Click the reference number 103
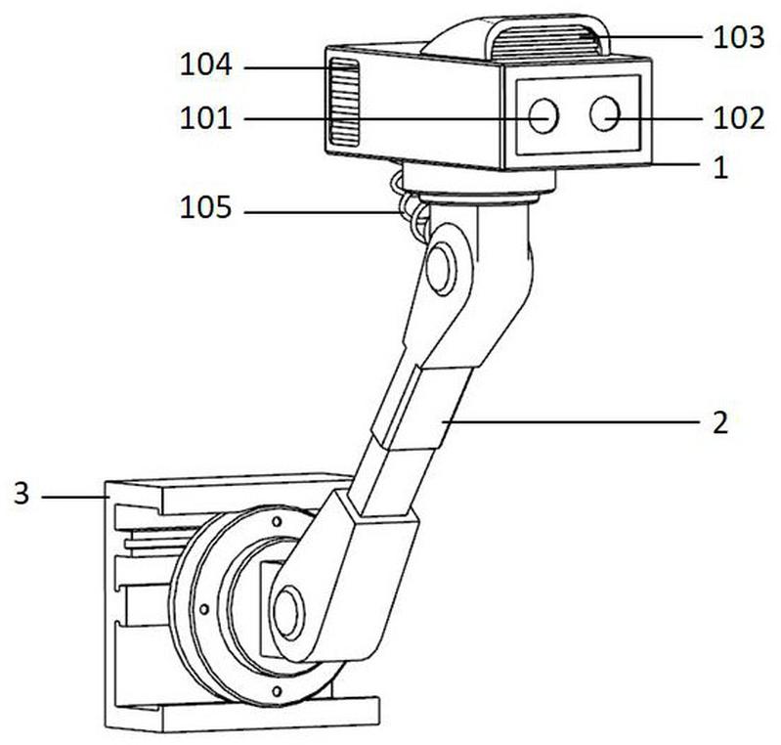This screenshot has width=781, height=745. [739, 38]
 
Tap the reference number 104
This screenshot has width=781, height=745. [205, 66]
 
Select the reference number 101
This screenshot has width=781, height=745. [205, 118]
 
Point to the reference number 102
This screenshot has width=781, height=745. [739, 118]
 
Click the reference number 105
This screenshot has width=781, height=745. [205, 207]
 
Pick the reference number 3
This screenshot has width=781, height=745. [22, 495]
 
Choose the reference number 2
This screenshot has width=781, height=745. [720, 423]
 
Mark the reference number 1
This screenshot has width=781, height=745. [720, 168]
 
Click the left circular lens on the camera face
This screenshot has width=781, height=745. [542, 115]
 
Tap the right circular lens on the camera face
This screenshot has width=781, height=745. [604, 113]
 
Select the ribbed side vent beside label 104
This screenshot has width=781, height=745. [344, 103]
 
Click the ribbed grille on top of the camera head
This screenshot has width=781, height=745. [545, 43]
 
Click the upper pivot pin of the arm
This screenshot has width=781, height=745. [441, 270]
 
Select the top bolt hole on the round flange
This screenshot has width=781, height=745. [277, 522]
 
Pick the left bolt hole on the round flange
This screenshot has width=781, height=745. [203, 609]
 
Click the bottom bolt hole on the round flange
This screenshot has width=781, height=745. [277, 690]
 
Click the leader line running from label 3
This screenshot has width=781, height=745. [74, 497]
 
